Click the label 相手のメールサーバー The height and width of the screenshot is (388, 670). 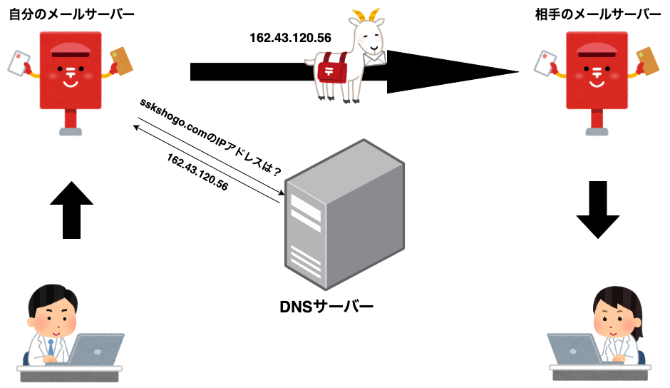pos(597,14)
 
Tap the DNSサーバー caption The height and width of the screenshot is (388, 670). pos(327,307)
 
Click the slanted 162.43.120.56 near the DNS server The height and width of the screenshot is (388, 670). pos(197,172)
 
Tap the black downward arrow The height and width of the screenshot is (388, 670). pos(599,210)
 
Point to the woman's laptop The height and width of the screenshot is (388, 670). pos(576,349)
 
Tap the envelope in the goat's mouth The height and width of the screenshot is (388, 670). pos(375,57)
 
